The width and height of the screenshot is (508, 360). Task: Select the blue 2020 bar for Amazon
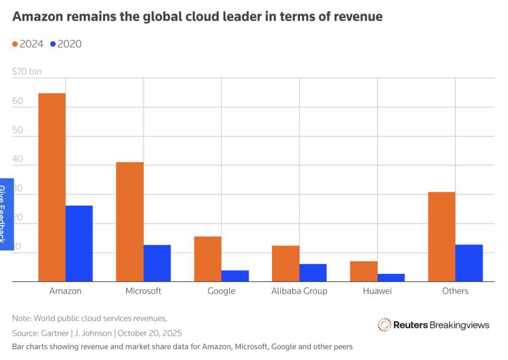79,243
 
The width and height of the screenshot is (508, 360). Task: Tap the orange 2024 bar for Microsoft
130,222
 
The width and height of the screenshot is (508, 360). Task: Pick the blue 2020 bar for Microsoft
157,263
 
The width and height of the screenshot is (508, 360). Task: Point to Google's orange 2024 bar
207,259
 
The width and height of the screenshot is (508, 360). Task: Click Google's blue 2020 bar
235,276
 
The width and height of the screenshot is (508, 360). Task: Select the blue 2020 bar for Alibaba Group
313,272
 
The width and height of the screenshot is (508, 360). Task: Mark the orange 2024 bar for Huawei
364,271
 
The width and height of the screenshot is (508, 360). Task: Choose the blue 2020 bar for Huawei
391,278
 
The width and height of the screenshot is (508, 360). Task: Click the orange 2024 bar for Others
442,237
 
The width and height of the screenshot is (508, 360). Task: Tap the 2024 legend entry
28,44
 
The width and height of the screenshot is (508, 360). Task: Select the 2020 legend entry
66,44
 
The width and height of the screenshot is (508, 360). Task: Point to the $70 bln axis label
27,72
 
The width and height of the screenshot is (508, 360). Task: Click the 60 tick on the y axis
17,101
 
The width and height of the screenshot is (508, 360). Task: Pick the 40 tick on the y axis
17,159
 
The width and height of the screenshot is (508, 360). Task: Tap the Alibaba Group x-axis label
299,291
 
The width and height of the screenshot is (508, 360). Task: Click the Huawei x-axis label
377,291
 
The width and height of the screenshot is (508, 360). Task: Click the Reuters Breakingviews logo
433,325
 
